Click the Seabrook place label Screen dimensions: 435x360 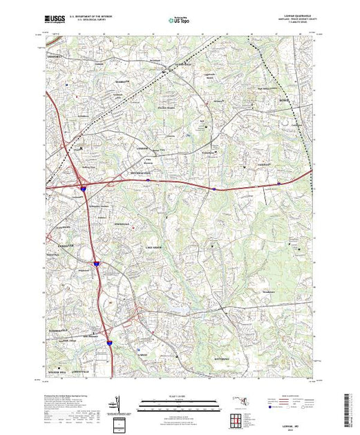122,81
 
